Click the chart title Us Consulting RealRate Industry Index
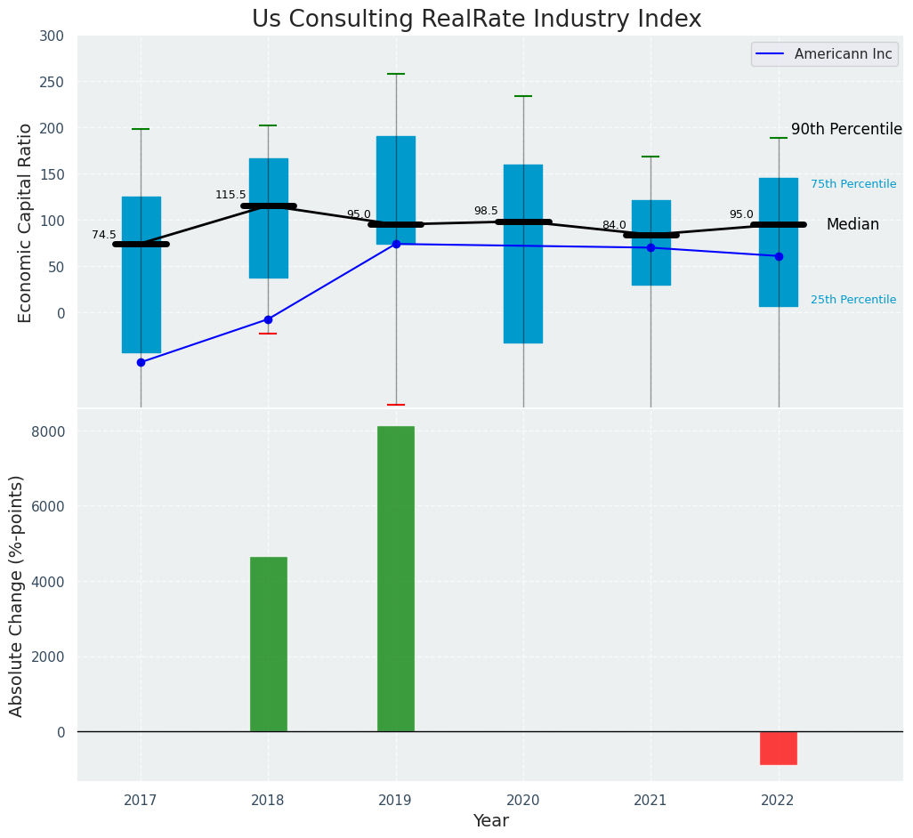(x=476, y=20)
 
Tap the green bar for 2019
(x=396, y=578)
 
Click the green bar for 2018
(x=269, y=644)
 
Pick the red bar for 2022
(x=779, y=748)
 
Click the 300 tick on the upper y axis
(x=52, y=36)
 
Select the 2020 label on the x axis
(x=523, y=800)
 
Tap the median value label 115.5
(x=230, y=195)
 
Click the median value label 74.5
(x=104, y=235)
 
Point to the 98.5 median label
(x=486, y=211)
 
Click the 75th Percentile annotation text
(x=853, y=184)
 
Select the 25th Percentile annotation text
(x=853, y=300)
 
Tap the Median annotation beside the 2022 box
(x=852, y=225)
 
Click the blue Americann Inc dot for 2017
(x=141, y=362)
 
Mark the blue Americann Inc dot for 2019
(x=396, y=244)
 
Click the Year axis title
(x=490, y=821)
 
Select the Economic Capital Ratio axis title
(x=26, y=222)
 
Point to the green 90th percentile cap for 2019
(x=396, y=74)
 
